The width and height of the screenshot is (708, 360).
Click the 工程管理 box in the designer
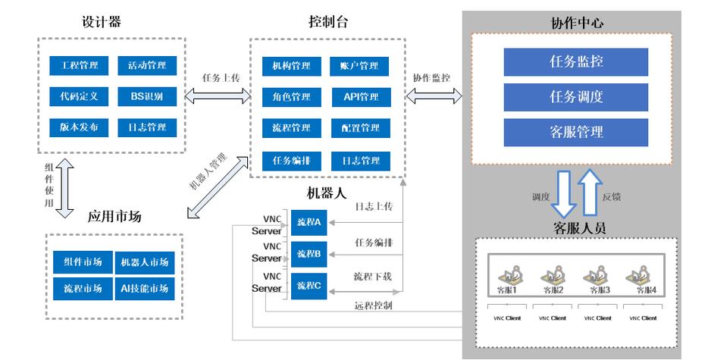click(x=79, y=65)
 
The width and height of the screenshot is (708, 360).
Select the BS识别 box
click(x=147, y=97)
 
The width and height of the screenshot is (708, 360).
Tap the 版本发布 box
click(x=79, y=128)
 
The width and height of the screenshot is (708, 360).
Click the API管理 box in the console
click(x=362, y=97)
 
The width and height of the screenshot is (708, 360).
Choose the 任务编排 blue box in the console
click(x=292, y=161)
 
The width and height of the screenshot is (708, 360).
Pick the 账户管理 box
click(x=359, y=67)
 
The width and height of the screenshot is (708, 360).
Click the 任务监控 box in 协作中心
click(x=575, y=62)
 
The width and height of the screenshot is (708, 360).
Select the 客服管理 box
click(x=575, y=133)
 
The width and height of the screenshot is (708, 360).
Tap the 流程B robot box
click(x=309, y=255)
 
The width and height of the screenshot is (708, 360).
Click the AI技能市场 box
click(x=145, y=289)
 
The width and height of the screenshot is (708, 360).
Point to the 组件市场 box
click(x=83, y=262)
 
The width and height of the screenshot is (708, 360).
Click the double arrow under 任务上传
click(x=218, y=95)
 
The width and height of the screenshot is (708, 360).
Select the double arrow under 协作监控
click(x=434, y=95)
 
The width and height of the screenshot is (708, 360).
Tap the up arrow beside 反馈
click(x=591, y=192)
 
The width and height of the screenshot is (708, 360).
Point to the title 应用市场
click(x=114, y=217)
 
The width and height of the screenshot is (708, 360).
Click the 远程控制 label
click(x=374, y=305)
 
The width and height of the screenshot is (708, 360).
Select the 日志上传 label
click(x=374, y=207)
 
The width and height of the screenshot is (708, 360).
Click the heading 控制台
click(x=328, y=22)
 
